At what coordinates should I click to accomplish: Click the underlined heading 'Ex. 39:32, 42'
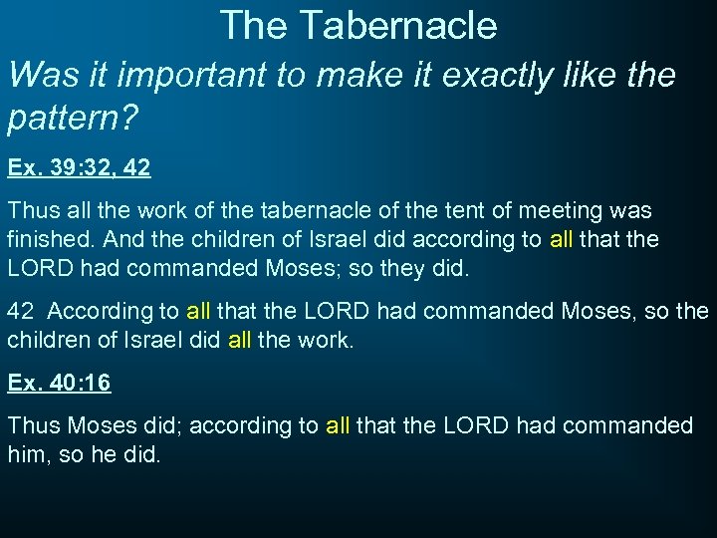pos(80,168)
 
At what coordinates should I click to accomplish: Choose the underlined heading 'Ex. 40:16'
pos(59,384)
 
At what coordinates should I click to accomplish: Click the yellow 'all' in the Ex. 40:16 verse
pos(338,425)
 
